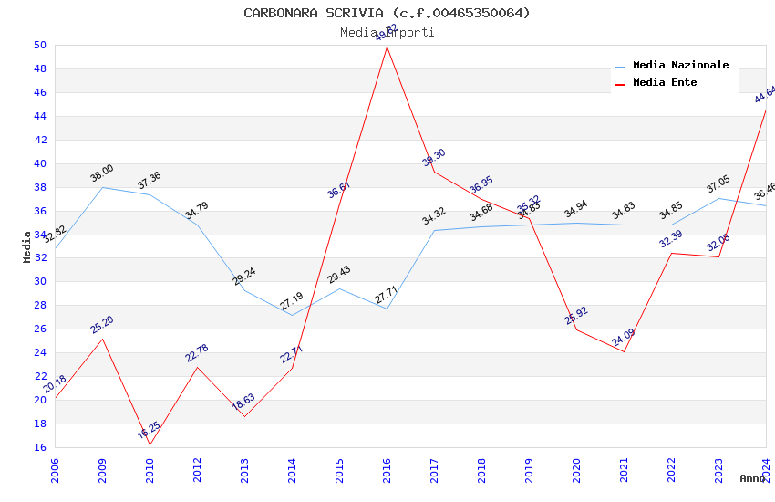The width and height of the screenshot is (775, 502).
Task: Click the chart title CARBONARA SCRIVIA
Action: point(387,13)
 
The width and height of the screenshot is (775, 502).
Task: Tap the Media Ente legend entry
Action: point(665,83)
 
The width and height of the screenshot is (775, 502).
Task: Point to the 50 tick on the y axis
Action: point(40,45)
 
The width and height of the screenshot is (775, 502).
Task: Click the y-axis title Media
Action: point(27,246)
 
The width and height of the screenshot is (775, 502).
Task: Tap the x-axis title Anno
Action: point(752,478)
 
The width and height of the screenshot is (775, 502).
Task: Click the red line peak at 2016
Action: point(387,47)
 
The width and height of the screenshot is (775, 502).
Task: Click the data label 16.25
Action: point(149,430)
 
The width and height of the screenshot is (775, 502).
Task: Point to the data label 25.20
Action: point(101,325)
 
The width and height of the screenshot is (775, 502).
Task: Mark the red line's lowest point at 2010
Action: point(150,444)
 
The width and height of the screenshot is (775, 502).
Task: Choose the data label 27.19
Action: point(291,301)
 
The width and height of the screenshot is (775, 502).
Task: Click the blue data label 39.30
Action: point(433,158)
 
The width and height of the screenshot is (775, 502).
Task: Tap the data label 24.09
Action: point(623,338)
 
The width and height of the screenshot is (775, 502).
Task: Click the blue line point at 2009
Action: point(102,187)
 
